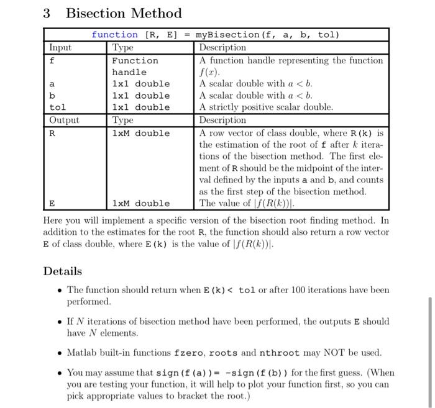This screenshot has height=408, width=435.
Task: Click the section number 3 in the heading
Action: point(47,14)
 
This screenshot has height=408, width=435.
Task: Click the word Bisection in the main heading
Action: point(94,14)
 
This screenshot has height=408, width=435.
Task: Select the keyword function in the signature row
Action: point(115,35)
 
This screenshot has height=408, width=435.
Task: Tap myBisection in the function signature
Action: point(228,35)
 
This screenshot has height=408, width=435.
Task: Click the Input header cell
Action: point(60,48)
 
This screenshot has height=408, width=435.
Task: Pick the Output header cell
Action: point(65,120)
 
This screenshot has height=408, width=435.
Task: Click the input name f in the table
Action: point(52,61)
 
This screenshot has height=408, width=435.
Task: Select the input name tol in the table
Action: point(57,107)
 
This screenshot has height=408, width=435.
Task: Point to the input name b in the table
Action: point(52,96)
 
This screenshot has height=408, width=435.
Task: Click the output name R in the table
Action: point(52,133)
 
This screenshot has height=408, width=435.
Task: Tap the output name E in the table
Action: point(52,203)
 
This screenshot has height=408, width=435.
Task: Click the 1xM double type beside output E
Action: point(140,203)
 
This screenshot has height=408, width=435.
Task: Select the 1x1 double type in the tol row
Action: point(140,107)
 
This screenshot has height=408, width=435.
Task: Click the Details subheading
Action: point(62,271)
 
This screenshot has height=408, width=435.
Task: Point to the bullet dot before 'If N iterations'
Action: point(58,322)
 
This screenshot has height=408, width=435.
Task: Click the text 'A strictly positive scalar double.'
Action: point(266,107)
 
